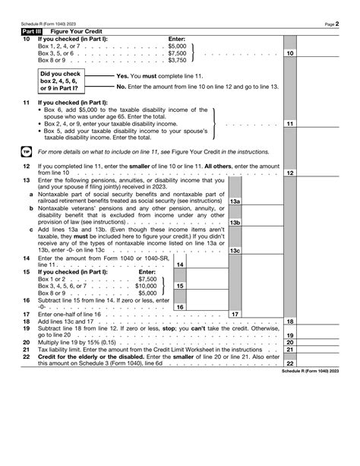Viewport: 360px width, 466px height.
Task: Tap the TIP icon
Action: click(26, 151)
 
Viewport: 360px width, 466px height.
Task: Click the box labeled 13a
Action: click(235, 201)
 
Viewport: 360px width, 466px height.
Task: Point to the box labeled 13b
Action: click(235, 222)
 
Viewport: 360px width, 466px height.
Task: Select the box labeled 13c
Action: click(235, 250)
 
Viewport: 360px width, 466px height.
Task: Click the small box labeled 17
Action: click(235, 314)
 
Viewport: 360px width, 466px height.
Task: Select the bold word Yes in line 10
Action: click(122, 76)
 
